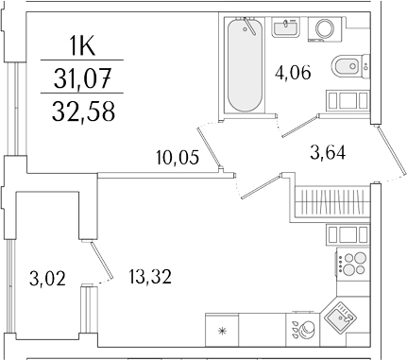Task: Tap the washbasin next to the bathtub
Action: (x=286, y=28)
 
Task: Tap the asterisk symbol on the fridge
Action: (x=223, y=331)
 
